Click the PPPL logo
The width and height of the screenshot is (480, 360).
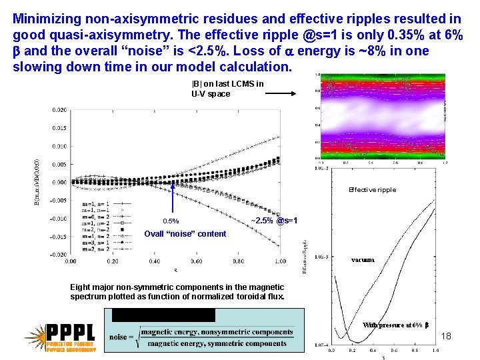coord(61,337)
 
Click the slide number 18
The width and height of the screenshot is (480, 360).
coord(446,336)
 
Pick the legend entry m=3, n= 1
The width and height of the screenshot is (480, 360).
coord(96,242)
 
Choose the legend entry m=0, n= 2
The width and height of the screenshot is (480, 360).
coord(96,217)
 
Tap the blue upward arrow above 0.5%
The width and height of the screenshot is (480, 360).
coord(173,200)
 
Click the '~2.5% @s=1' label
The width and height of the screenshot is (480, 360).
coord(273,221)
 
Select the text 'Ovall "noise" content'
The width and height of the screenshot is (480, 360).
coord(185,233)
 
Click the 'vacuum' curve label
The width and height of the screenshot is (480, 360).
coord(363,259)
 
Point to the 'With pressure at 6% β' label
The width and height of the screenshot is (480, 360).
coord(396,325)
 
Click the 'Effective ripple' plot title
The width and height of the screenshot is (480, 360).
coord(372,190)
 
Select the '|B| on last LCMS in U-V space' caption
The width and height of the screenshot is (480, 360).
coord(227,89)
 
